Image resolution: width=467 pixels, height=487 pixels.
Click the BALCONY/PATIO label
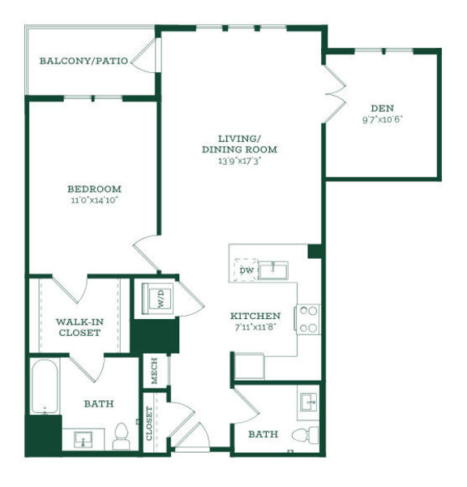coord(84,61)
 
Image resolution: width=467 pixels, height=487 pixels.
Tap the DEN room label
coord(383,109)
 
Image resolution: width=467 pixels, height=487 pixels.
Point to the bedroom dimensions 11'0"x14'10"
coord(95,200)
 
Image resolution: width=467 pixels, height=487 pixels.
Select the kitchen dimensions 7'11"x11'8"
coord(255,327)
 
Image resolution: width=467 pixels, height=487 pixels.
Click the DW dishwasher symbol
coord(246,270)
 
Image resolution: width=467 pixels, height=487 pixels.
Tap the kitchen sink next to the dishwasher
coord(273,270)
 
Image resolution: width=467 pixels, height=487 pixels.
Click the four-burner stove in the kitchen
coord(308,319)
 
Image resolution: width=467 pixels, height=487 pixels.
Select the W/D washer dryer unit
coord(157,299)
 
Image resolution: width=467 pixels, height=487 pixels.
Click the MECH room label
coord(154,371)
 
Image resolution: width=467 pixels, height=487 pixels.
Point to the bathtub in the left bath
coord(45,386)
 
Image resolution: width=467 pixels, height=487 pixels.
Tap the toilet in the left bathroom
coord(121,436)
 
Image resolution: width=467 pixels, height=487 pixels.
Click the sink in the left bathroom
coord(84,440)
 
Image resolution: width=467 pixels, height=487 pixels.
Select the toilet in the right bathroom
coord(306,433)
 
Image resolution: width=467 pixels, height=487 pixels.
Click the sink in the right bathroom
coord(309,403)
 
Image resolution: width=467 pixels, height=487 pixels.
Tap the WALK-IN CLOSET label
coord(79,327)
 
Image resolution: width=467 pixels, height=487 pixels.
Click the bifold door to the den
coord(335,94)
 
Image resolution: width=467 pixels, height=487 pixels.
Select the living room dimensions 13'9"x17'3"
coord(239,162)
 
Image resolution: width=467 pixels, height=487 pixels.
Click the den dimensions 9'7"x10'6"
coord(383,119)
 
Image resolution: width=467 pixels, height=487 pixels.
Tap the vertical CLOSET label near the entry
coord(149,424)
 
